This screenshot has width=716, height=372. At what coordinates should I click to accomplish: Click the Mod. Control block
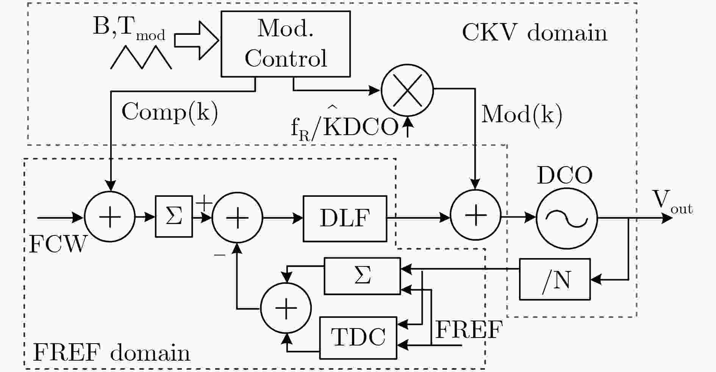pyautogui.click(x=285, y=44)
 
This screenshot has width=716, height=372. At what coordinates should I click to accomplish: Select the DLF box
pyautogui.click(x=345, y=218)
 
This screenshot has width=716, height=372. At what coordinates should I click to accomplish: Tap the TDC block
pyautogui.click(x=358, y=338)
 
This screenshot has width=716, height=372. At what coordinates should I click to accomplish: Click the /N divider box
pyautogui.click(x=555, y=279)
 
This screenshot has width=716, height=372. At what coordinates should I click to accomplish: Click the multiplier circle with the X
pyautogui.click(x=407, y=90)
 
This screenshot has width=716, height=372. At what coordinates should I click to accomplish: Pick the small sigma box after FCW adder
pyautogui.click(x=174, y=216)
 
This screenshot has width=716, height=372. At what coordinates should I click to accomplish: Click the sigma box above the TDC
pyautogui.click(x=362, y=276)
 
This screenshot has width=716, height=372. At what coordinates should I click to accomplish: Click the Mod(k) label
pyautogui.click(x=522, y=114)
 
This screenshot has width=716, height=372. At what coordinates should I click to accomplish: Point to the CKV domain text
pyautogui.click(x=535, y=33)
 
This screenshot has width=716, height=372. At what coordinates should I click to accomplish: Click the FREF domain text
pyautogui.click(x=111, y=353)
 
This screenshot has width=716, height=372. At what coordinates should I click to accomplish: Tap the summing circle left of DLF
pyautogui.click(x=237, y=218)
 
